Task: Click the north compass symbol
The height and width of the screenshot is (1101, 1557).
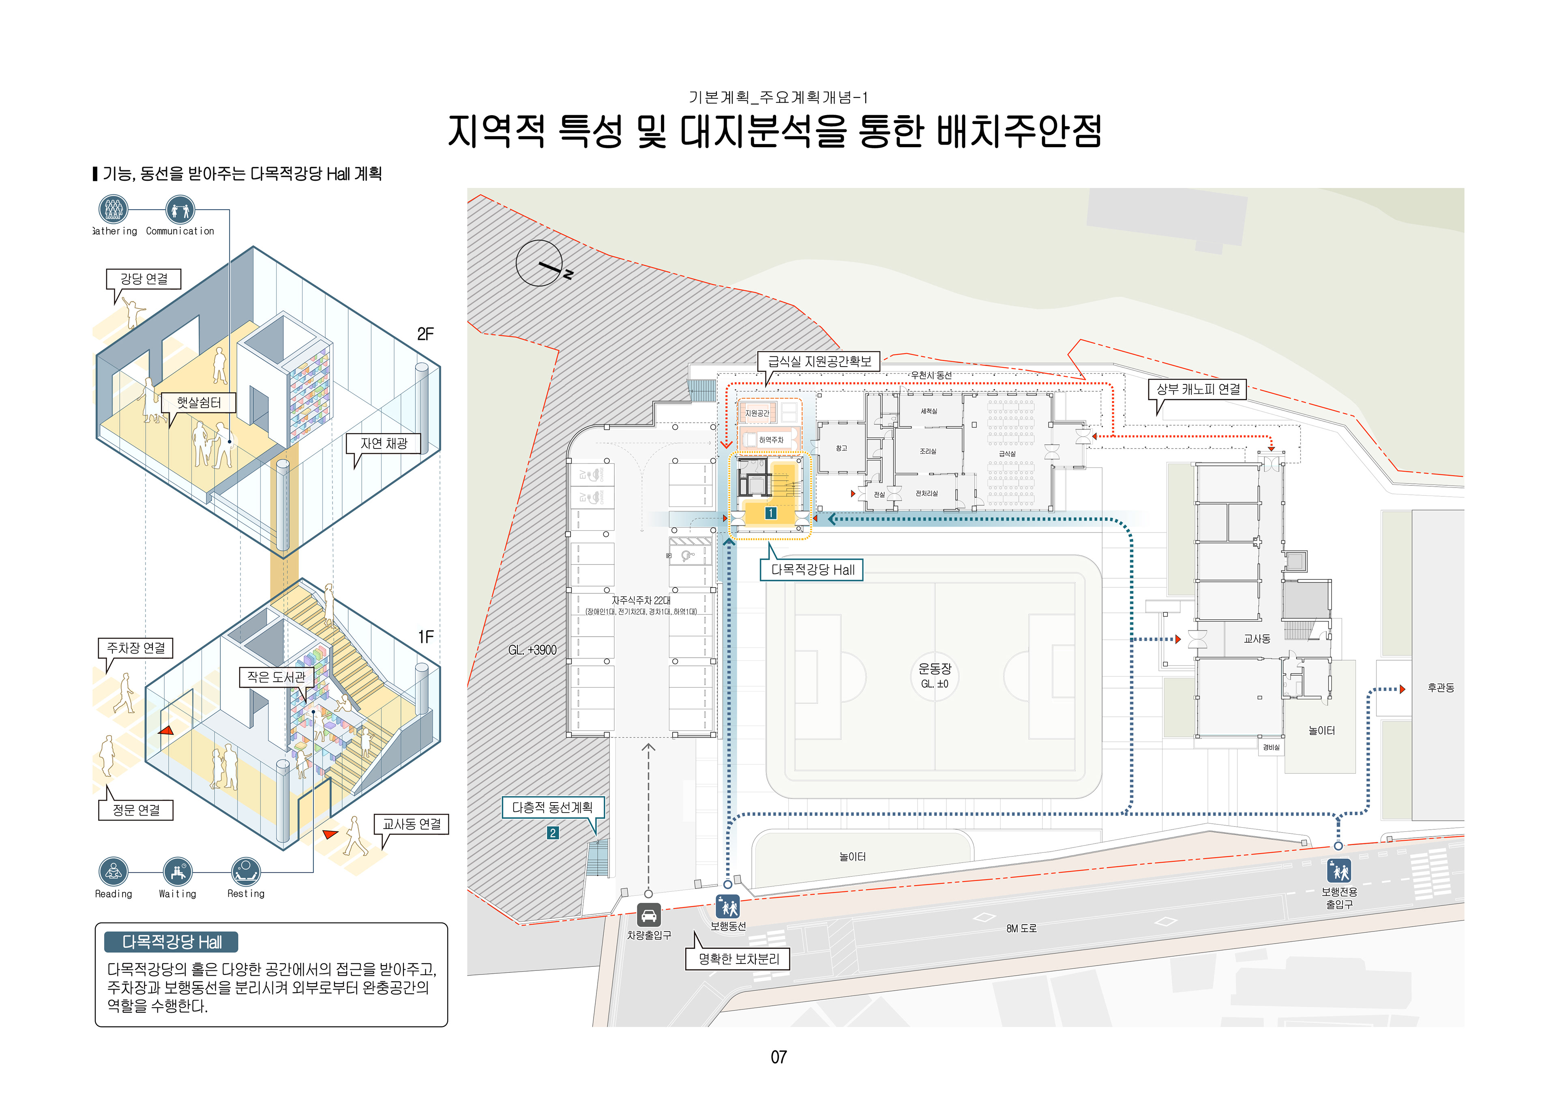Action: (540, 263)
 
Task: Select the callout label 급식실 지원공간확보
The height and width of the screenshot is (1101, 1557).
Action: (819, 362)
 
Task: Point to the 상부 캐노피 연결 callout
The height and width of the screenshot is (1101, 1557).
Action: (1198, 389)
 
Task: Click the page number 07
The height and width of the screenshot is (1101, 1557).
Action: (778, 1057)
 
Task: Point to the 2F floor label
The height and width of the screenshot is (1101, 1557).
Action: (425, 334)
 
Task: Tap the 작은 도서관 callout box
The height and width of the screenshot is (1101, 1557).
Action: (276, 677)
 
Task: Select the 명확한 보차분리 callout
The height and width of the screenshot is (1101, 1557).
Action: (738, 959)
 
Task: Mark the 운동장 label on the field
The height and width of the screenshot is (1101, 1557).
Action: (935, 669)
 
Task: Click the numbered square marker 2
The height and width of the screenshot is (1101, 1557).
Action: (553, 833)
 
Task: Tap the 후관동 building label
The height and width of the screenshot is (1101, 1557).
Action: (1440, 688)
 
